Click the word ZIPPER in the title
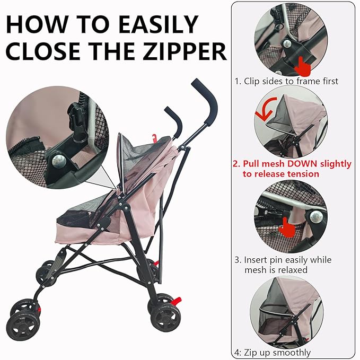(185, 51)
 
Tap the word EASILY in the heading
(159, 24)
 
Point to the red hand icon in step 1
(302, 67)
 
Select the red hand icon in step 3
(286, 228)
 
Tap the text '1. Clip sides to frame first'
(286, 81)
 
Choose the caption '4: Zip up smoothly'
(273, 353)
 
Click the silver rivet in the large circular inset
(59, 161)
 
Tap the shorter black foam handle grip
(174, 122)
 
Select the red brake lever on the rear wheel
(177, 301)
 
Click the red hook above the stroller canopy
(154, 137)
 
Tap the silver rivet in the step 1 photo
(286, 43)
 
